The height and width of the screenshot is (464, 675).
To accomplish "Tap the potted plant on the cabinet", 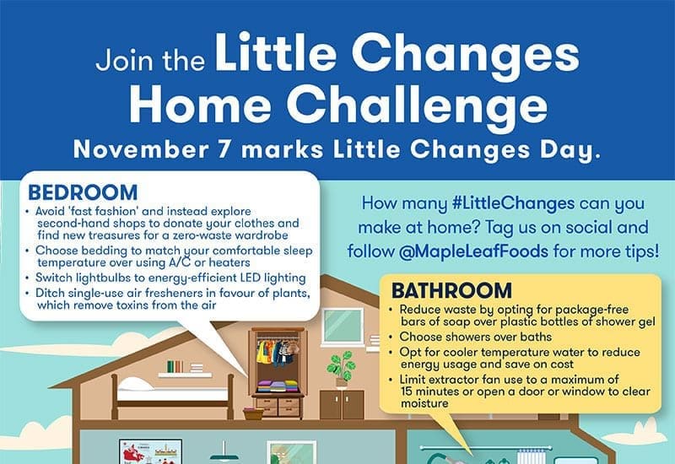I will pyautogui.click(x=340, y=365).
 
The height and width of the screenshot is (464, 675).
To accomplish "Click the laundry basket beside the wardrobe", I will pyautogui.click(x=252, y=413).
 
